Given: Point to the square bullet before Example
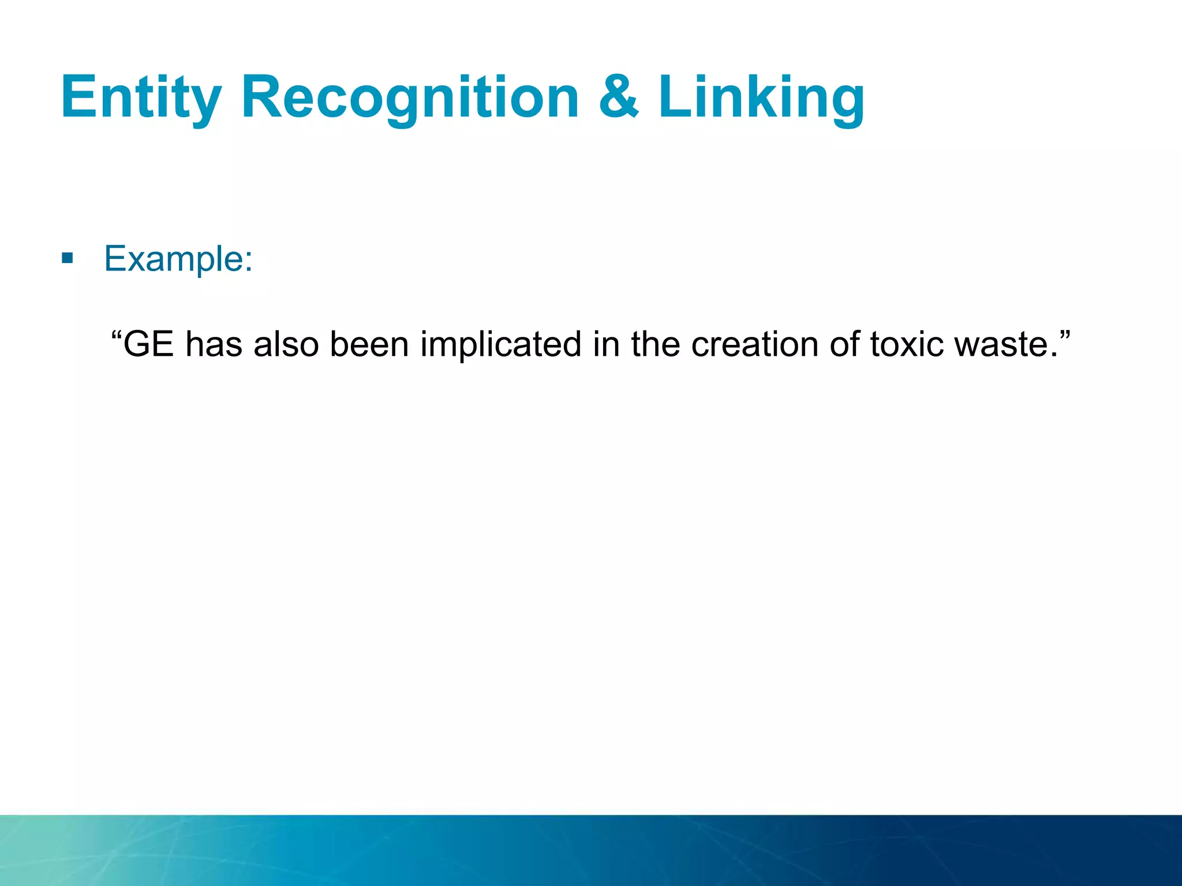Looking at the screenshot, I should click(68, 258).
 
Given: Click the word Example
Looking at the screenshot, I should click(173, 258).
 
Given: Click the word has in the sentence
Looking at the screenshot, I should click(213, 344).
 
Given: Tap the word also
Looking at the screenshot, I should click(286, 344).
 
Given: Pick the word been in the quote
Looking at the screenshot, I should click(369, 344).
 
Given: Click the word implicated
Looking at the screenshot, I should click(500, 344).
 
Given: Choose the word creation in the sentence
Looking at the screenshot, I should click(754, 344).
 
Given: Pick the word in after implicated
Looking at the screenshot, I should click(606, 344).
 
